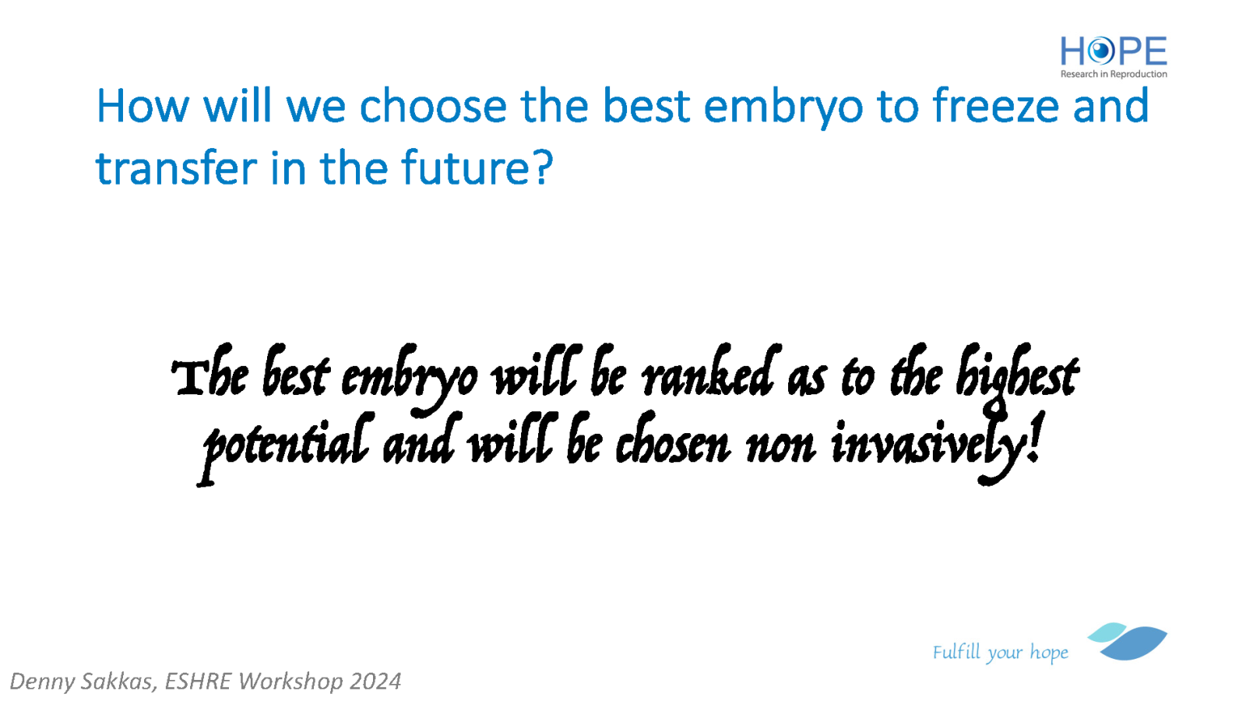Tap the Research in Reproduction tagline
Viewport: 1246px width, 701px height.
tap(1114, 74)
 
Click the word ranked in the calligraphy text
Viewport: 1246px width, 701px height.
tap(710, 373)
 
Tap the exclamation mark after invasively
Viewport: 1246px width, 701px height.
tap(1035, 437)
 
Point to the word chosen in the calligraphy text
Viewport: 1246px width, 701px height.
tap(673, 442)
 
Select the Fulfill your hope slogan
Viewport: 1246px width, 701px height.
tap(1000, 652)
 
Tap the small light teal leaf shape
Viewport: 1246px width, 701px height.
tap(1107, 632)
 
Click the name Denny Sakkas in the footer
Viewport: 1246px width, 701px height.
tap(81, 682)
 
